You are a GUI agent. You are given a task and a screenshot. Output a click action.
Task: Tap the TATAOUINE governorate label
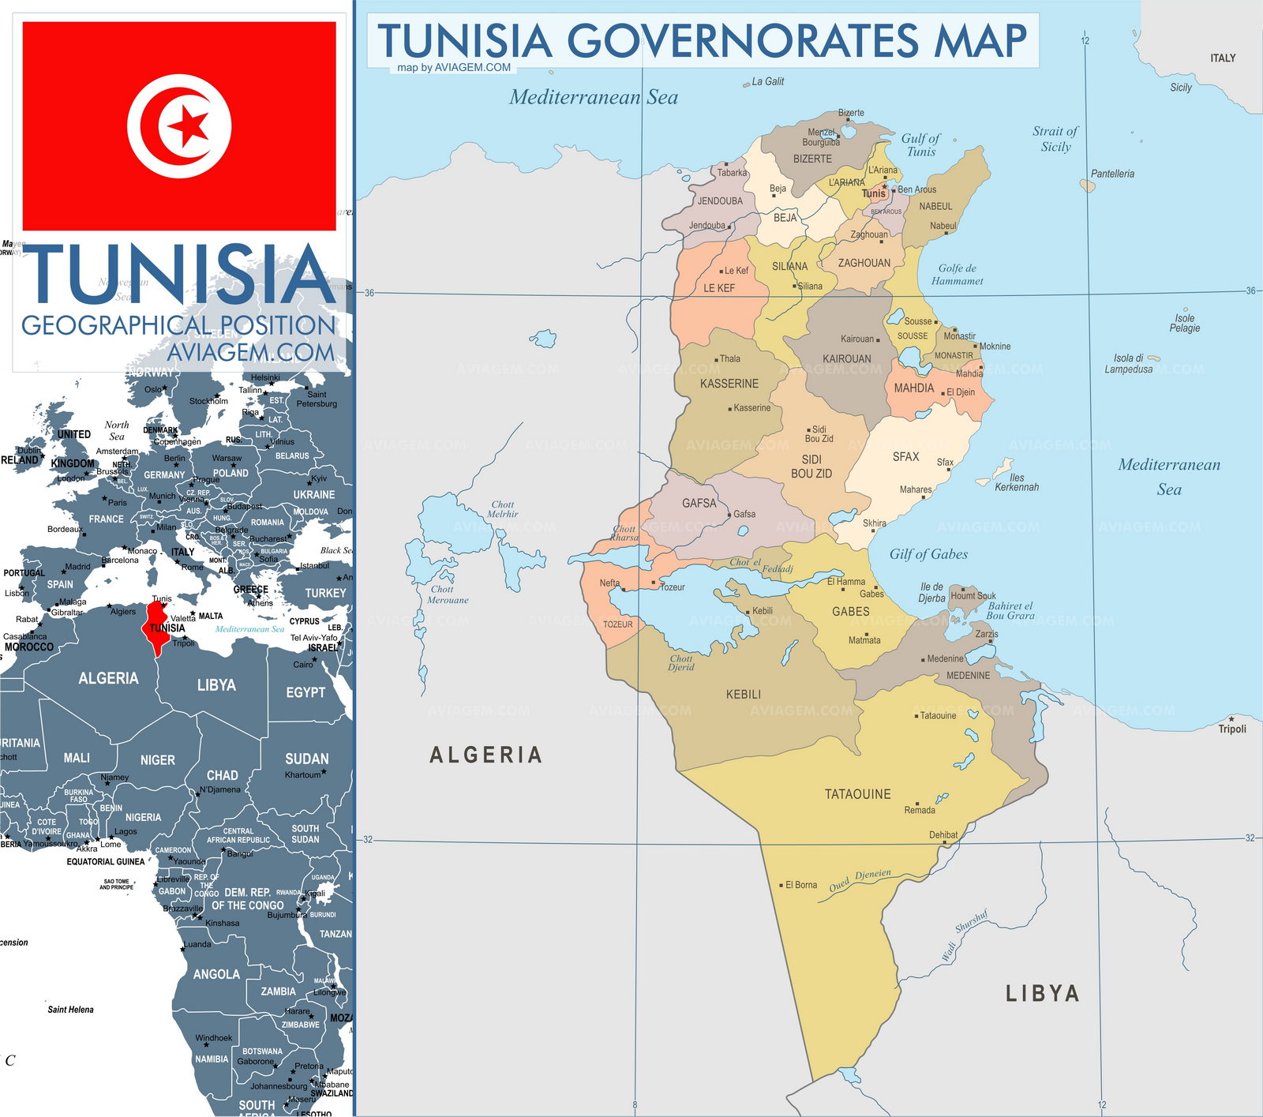(x=857, y=794)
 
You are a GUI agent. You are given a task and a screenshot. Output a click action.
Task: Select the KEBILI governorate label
(x=744, y=695)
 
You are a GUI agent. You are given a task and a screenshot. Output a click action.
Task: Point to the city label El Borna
(x=800, y=885)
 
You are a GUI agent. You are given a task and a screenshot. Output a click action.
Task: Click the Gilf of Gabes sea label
(x=928, y=554)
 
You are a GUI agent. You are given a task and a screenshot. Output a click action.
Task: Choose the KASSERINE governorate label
(x=729, y=384)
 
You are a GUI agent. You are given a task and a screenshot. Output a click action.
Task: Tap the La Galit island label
(x=767, y=81)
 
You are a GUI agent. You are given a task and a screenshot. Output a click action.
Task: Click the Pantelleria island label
(x=1112, y=174)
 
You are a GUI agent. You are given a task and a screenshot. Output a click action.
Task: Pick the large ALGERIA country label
(x=485, y=755)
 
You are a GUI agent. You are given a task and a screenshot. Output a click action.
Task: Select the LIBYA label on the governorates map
(x=1042, y=993)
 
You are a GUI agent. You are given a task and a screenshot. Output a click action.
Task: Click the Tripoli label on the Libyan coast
(x=1231, y=729)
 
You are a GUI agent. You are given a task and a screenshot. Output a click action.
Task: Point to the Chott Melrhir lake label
(x=502, y=509)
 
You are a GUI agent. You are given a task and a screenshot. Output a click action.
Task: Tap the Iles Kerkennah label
(x=1017, y=482)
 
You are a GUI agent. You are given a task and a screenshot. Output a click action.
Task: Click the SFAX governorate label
(x=905, y=457)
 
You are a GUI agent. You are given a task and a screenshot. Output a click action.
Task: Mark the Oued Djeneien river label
(x=860, y=880)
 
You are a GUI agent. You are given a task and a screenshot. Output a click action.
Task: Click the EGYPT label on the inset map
(x=305, y=692)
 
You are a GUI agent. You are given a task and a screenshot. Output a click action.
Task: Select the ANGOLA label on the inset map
(x=216, y=975)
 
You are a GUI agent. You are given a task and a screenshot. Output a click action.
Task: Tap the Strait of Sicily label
(x=1055, y=139)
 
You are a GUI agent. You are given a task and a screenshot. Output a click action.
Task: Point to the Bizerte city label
(x=851, y=113)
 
